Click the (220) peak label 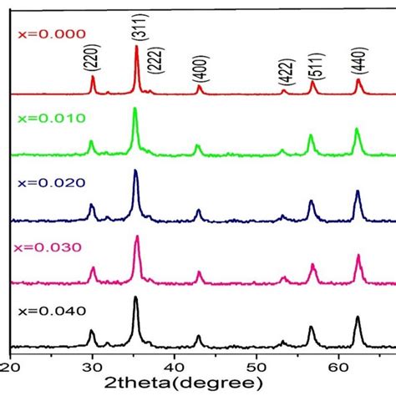pos(92,61)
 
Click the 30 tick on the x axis pos(91,365)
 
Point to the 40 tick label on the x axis pos(174,365)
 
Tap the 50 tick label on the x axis pos(256,365)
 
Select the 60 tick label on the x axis pos(338,365)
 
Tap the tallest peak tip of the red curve pos(136,47)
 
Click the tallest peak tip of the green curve pos(135,109)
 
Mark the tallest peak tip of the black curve pos(135,297)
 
